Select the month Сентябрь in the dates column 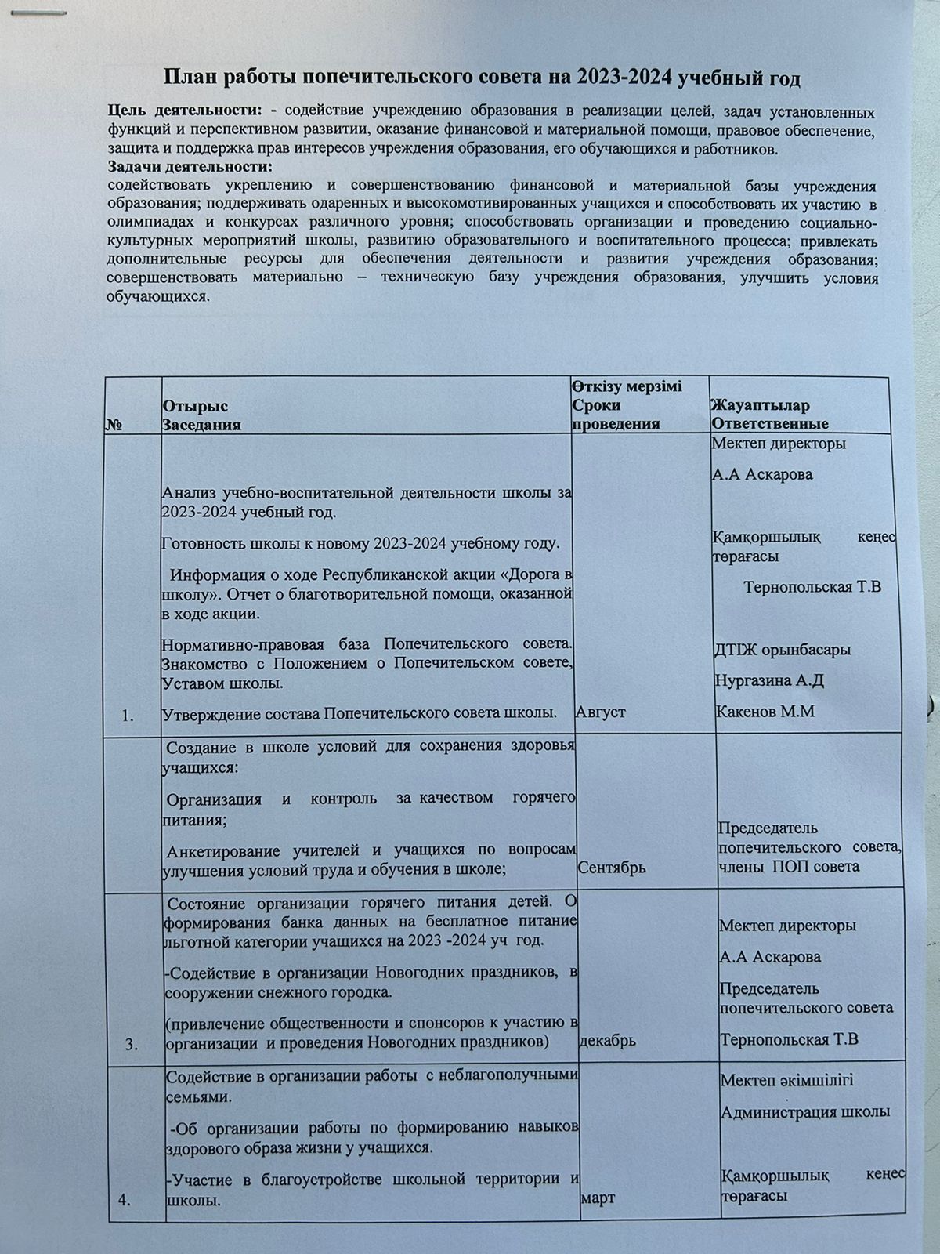(x=612, y=868)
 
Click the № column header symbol (x=113, y=425)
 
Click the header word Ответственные (x=769, y=425)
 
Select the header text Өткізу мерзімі (x=627, y=387)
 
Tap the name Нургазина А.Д (x=769, y=680)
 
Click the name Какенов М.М (x=765, y=712)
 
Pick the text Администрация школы (x=804, y=1112)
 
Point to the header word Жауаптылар (x=760, y=406)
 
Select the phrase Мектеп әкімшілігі (x=786, y=1081)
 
